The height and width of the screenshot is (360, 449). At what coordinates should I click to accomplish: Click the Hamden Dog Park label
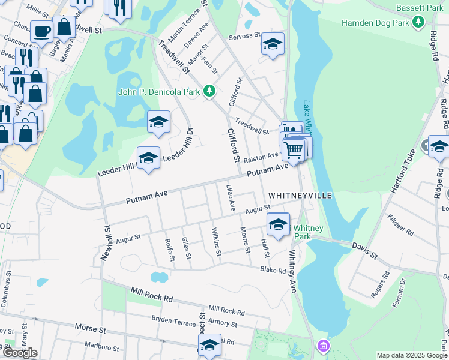375,23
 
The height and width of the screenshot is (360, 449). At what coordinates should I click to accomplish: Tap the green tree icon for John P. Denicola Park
209,91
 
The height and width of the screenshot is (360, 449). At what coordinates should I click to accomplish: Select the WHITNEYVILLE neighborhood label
300,196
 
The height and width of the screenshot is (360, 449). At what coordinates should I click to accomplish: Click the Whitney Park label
309,232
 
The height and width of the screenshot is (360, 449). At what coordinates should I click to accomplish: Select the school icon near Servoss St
273,44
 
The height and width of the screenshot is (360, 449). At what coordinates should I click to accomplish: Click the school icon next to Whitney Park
278,224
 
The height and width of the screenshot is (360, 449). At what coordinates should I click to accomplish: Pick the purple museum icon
324,346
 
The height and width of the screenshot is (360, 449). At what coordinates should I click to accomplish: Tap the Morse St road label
90,328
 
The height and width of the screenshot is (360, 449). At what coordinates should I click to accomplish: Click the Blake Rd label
273,270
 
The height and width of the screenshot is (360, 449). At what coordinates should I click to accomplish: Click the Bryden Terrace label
174,320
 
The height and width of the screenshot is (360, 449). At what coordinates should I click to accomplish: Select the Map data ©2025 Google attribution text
412,355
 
